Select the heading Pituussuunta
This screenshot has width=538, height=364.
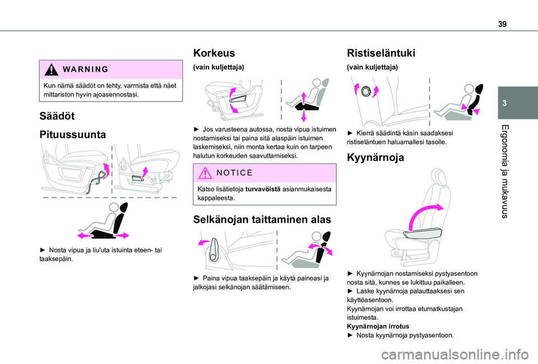pyautogui.click(x=72, y=136)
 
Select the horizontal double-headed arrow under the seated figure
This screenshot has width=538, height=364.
pyautogui.click(x=104, y=236)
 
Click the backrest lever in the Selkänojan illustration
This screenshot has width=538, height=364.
pyautogui.click(x=214, y=251)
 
